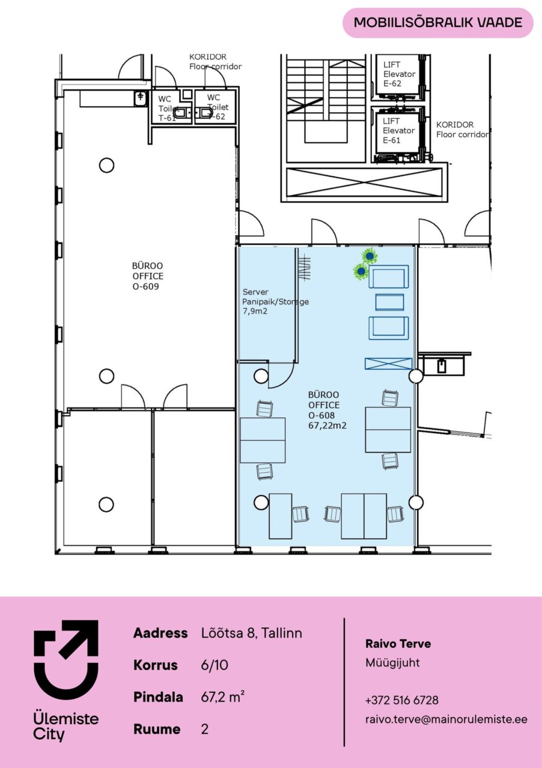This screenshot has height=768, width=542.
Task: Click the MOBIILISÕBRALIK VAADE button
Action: click(438, 23)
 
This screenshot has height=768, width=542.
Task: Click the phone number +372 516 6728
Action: click(402, 700)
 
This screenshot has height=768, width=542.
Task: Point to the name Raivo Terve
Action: click(398, 644)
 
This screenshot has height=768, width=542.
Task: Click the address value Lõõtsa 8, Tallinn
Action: click(251, 633)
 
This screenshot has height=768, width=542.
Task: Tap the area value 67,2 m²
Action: click(223, 697)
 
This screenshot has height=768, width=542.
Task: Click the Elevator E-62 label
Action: click(399, 74)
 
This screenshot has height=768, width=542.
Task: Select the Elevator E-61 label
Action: click(399, 131)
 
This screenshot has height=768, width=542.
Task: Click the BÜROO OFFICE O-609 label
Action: click(148, 276)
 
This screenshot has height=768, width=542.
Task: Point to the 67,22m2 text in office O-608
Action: click(327, 425)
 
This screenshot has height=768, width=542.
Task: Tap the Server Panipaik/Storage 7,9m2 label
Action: click(275, 302)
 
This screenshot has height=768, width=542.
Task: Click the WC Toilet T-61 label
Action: click(167, 109)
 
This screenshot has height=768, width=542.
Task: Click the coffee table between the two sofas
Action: click(389, 302)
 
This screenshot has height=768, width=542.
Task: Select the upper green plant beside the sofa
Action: click(370, 256)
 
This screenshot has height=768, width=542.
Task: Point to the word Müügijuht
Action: click(392, 663)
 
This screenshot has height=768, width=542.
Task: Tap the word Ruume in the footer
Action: click(157, 729)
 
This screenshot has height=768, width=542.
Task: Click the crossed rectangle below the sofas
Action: click(388, 364)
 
